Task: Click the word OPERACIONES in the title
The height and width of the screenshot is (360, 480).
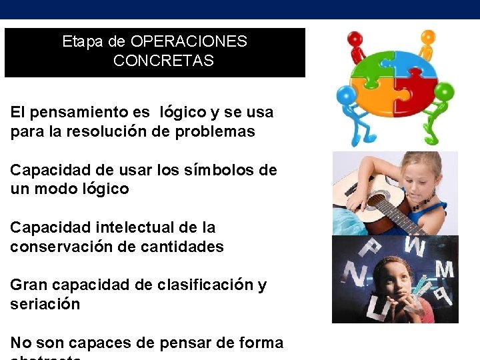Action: coord(189,41)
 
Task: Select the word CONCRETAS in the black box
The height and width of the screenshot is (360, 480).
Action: coord(163,61)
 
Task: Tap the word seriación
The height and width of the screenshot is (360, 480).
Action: coord(45,304)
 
